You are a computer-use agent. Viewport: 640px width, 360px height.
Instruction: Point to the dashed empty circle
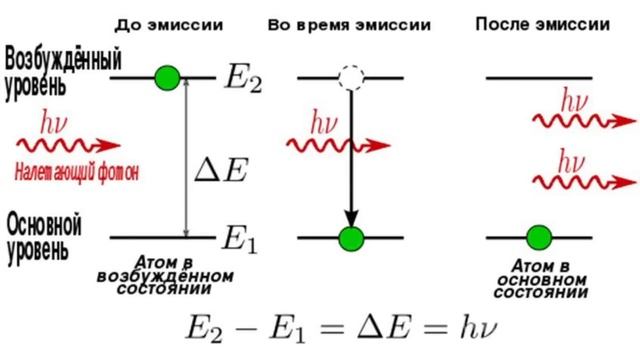point(350,77)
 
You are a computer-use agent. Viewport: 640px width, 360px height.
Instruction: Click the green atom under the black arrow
point(350,238)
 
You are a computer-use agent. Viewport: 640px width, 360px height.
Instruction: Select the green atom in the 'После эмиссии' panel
point(539,237)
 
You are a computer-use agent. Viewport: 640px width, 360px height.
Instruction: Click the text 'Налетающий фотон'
point(76,173)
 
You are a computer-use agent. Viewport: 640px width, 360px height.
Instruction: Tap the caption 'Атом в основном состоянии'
point(540,280)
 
